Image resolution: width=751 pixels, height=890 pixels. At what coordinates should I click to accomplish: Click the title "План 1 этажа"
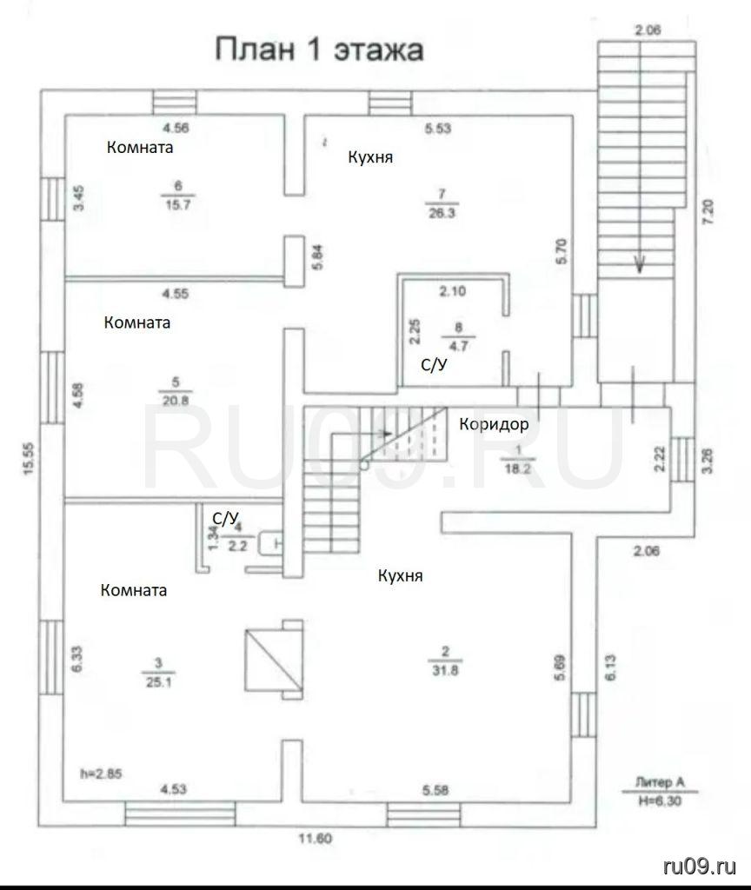coord(319,50)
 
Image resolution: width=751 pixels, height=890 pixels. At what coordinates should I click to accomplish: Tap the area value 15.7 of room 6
coord(177,205)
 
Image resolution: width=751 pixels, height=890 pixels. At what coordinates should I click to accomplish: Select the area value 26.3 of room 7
coord(442,214)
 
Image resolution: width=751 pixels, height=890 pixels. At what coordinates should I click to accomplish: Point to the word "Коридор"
coord(494,424)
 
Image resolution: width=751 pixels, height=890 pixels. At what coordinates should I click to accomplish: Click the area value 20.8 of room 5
coord(176,401)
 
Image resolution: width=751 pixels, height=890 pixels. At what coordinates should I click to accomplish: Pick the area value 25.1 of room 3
coord(158,682)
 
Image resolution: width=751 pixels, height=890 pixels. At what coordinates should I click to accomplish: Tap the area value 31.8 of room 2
coord(446,670)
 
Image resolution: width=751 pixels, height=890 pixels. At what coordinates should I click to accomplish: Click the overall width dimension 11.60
coord(316,838)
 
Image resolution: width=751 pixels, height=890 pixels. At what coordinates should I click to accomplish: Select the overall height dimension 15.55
coord(30,459)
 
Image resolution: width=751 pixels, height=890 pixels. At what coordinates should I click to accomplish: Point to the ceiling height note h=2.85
coord(102,774)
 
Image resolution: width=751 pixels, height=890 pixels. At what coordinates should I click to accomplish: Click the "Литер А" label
coord(660,783)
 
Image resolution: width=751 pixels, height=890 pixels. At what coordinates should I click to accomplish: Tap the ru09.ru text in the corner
coord(700,867)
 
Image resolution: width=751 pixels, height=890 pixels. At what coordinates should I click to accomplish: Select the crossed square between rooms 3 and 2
coord(274,658)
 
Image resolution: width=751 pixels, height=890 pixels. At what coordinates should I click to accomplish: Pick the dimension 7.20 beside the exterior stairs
coord(708,212)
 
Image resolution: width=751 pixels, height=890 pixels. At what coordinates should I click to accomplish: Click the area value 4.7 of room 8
coord(458,346)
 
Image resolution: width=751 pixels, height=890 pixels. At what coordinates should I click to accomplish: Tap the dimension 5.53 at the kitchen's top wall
coord(438,129)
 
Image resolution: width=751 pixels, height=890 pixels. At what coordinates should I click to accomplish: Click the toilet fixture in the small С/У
coord(270,543)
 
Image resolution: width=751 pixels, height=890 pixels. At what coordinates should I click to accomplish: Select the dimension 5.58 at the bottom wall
coord(435,790)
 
